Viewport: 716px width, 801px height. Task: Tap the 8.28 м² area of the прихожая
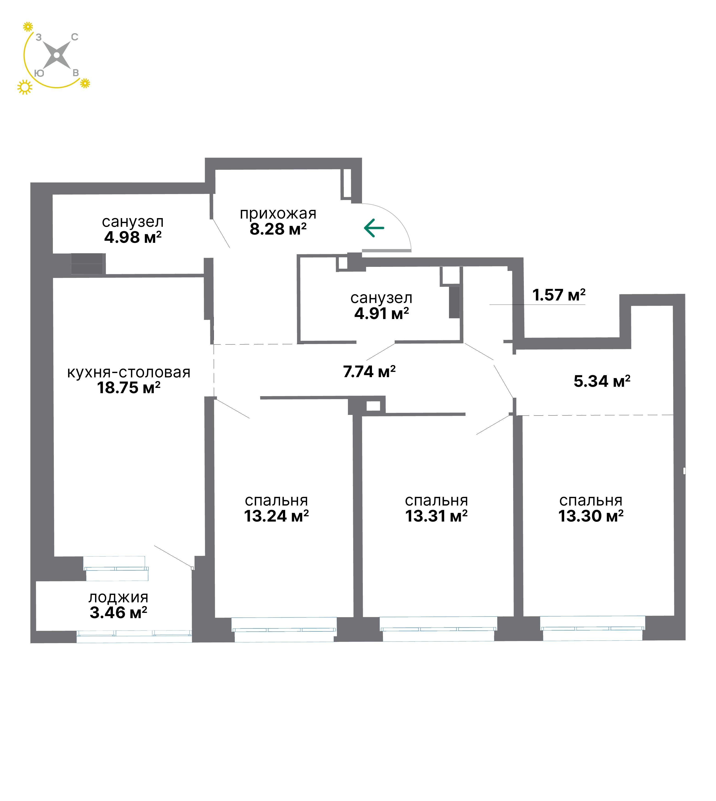pyautogui.click(x=278, y=229)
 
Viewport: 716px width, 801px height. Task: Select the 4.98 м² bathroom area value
pyautogui.click(x=133, y=237)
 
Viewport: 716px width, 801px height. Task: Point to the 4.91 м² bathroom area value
pyautogui.click(x=382, y=314)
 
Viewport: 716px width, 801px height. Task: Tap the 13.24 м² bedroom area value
pyautogui.click(x=276, y=516)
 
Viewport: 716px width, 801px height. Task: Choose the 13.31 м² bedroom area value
pyautogui.click(x=437, y=516)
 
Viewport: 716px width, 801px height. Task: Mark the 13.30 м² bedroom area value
pyautogui.click(x=591, y=516)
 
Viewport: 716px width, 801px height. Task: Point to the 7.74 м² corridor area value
pyautogui.click(x=369, y=372)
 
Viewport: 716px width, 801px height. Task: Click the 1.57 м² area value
pyautogui.click(x=559, y=295)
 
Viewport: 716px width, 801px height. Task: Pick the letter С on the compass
pyautogui.click(x=74, y=37)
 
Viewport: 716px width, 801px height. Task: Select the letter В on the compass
pyautogui.click(x=76, y=73)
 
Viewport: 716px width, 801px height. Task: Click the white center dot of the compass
pyautogui.click(x=57, y=55)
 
